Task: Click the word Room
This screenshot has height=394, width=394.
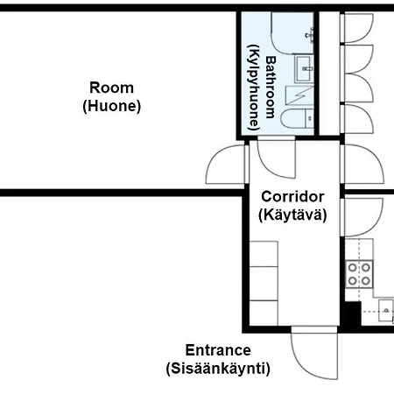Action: (x=111, y=88)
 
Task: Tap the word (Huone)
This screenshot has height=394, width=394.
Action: (x=112, y=106)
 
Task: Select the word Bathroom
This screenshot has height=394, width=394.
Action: (x=271, y=88)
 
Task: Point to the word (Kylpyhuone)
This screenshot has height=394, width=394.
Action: (x=254, y=88)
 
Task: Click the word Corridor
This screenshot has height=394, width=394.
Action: (x=292, y=197)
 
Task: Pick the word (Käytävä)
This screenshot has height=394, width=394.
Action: (x=292, y=215)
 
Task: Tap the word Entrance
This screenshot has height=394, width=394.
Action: (x=218, y=350)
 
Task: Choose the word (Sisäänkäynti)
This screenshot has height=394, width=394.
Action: (x=218, y=369)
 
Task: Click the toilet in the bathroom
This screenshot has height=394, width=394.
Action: (x=297, y=119)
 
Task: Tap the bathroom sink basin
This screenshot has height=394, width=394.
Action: (x=304, y=69)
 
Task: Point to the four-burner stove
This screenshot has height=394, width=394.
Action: (x=359, y=274)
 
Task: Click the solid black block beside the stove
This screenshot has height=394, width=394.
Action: (x=352, y=313)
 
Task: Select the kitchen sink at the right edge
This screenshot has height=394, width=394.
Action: (x=386, y=311)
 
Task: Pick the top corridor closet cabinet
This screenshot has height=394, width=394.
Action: (x=264, y=254)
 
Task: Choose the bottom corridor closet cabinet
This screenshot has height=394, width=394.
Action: (x=264, y=313)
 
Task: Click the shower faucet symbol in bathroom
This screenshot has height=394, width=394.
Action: (x=310, y=36)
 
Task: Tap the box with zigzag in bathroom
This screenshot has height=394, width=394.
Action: (x=299, y=95)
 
